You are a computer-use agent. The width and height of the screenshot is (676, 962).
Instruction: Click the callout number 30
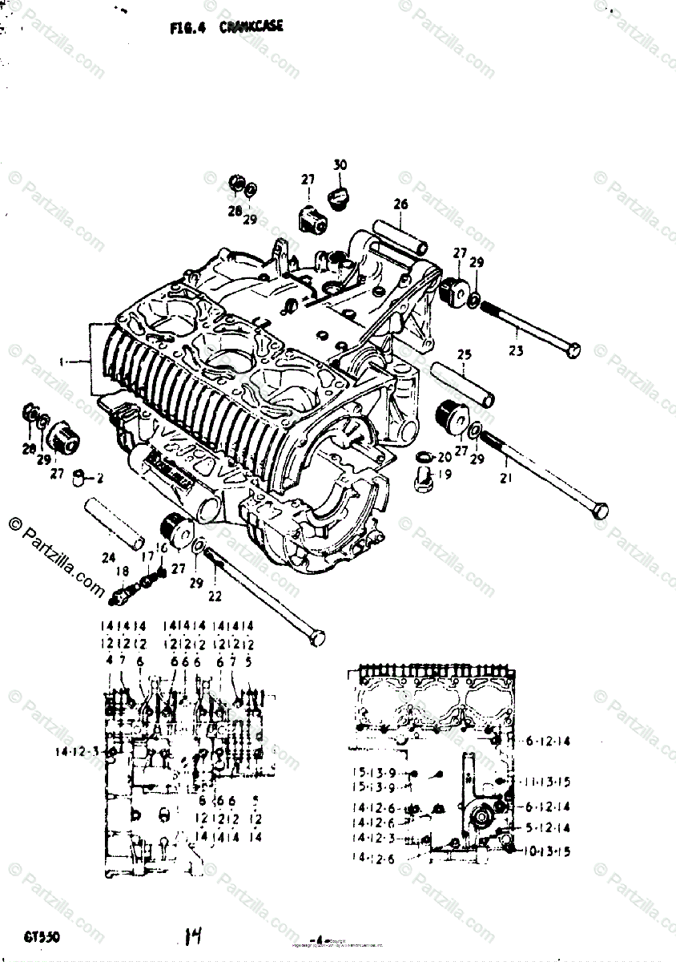[x=340, y=165]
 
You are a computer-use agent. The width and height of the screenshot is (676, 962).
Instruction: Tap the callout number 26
[x=400, y=204]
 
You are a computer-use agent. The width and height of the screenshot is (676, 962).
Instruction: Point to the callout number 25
[x=465, y=354]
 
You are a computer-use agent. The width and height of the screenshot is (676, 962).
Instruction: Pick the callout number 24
[x=108, y=558]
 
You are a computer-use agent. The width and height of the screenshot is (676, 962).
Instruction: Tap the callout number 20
[x=444, y=456]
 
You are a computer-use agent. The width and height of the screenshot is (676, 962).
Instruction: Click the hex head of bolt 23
[x=574, y=350]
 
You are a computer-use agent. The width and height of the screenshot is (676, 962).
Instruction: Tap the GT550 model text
[x=42, y=936]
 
